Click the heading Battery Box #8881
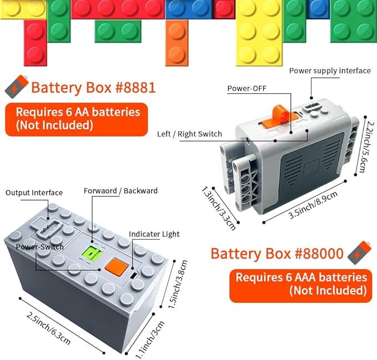pos(93,88)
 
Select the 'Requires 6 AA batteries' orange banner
pos(77,119)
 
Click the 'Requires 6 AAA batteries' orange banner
pos(300,284)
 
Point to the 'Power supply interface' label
pos(330,70)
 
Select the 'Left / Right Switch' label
pos(189,134)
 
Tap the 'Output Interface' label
pos(34,192)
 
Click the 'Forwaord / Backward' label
pos(120,191)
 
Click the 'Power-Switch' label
pos(39,246)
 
